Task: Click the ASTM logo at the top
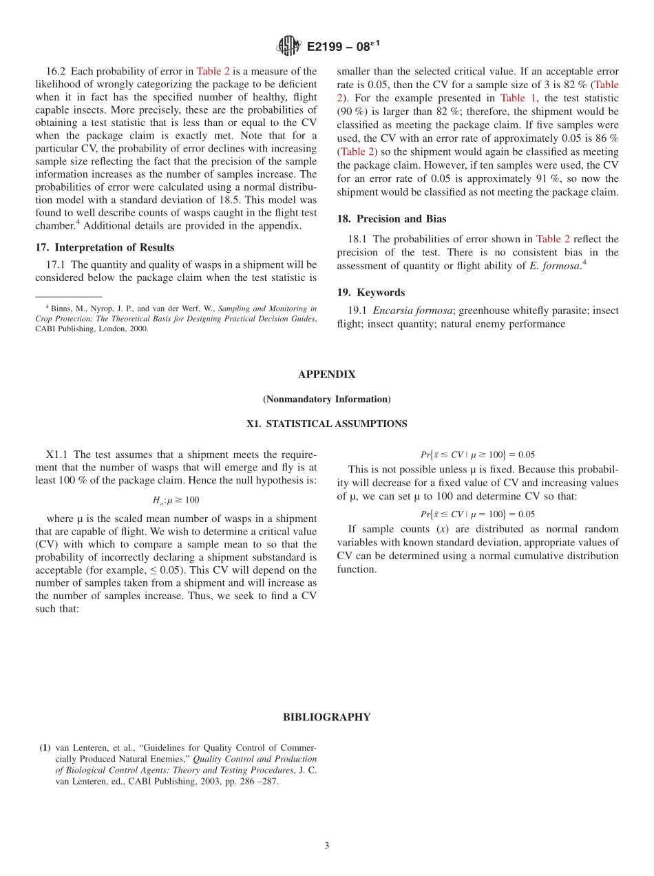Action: (x=288, y=46)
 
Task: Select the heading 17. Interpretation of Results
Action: (x=105, y=247)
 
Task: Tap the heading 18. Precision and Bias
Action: (x=391, y=219)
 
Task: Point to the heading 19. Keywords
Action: (x=370, y=292)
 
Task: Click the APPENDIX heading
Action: (x=326, y=375)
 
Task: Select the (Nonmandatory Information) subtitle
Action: (x=326, y=399)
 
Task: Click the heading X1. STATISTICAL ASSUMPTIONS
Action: (x=326, y=424)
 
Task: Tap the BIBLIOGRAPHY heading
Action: (x=326, y=718)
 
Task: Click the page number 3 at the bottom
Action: (x=327, y=846)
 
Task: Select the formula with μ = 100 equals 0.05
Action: (x=477, y=514)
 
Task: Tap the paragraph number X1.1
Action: (x=58, y=455)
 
